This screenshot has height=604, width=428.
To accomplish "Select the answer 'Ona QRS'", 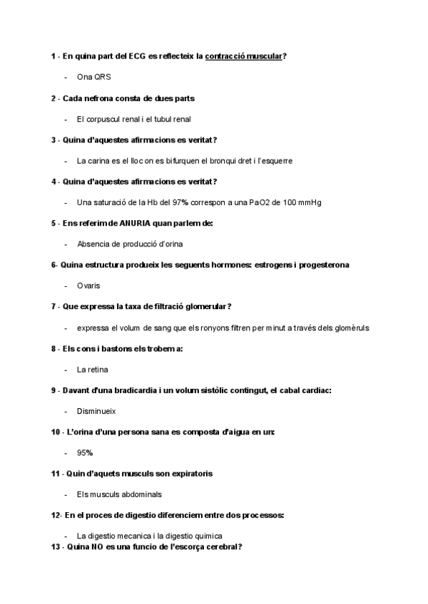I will [93, 76].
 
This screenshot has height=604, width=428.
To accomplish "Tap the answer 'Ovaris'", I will [88, 286].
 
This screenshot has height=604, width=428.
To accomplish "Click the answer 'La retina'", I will [92, 370].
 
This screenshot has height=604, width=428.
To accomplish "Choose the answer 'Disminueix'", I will [96, 411].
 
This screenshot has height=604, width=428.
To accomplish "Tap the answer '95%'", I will [85, 453].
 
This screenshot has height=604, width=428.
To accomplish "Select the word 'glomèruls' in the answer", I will [350, 328].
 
